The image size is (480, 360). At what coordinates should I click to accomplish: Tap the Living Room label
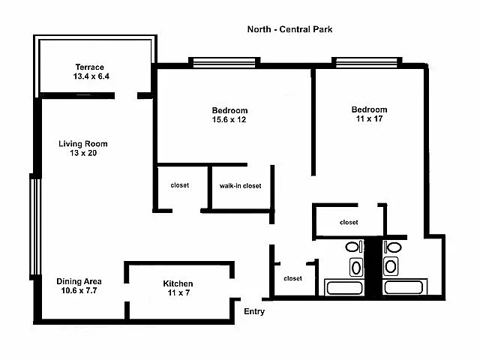tap(83, 143)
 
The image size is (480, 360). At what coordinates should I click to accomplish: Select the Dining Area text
tap(79, 281)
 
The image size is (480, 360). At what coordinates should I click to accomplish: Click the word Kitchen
tap(178, 283)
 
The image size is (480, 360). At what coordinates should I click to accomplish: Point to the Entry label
tap(254, 311)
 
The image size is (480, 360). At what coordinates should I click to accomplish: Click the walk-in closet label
tap(240, 185)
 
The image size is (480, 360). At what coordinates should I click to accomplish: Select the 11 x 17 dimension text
tap(370, 120)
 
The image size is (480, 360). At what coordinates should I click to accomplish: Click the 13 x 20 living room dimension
tap(83, 153)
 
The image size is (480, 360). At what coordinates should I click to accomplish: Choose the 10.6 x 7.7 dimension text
tap(79, 291)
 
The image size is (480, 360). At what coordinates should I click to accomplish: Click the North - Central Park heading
tap(289, 30)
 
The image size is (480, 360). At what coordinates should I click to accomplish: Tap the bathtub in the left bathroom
tap(343, 286)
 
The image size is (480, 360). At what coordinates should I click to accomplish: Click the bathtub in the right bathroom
tap(404, 286)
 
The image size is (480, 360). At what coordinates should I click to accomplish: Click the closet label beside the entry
tap(292, 278)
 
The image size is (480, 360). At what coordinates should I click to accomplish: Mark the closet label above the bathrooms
tap(349, 222)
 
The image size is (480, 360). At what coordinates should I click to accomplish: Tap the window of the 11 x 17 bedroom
tap(365, 62)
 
